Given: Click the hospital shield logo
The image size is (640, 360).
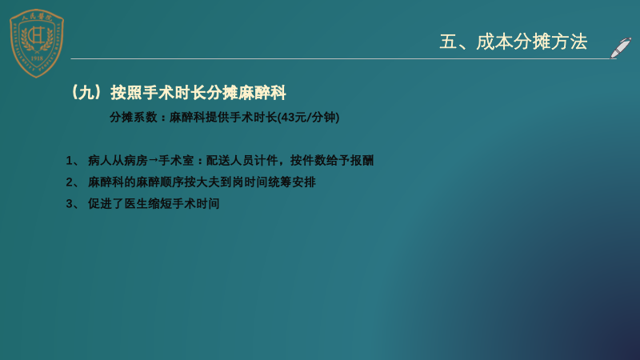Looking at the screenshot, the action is pyautogui.click(x=37, y=43).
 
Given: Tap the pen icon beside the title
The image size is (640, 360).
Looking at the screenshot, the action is pyautogui.click(x=621, y=48).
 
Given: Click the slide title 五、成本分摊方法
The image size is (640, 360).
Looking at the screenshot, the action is pyautogui.click(x=513, y=42).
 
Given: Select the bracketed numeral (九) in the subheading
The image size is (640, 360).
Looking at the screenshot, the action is pyautogui.click(x=86, y=93).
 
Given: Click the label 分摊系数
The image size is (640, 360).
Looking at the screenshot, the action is pyautogui.click(x=134, y=117).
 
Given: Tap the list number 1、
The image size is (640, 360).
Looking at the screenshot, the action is pyautogui.click(x=73, y=161).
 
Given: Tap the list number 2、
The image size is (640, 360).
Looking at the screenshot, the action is pyautogui.click(x=73, y=182).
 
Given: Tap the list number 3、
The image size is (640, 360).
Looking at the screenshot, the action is pyautogui.click(x=73, y=204).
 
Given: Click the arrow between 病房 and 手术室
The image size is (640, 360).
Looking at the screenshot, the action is pyautogui.click(x=153, y=160).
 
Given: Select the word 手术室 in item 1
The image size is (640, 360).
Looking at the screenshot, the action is pyautogui.click(x=176, y=161).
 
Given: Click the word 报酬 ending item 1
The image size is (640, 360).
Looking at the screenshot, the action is pyautogui.click(x=362, y=161).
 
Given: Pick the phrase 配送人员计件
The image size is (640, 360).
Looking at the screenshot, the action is pyautogui.click(x=242, y=161).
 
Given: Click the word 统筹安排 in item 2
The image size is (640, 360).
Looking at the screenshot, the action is pyautogui.click(x=292, y=182).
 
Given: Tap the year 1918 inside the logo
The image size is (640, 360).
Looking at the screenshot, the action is pyautogui.click(x=37, y=58).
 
